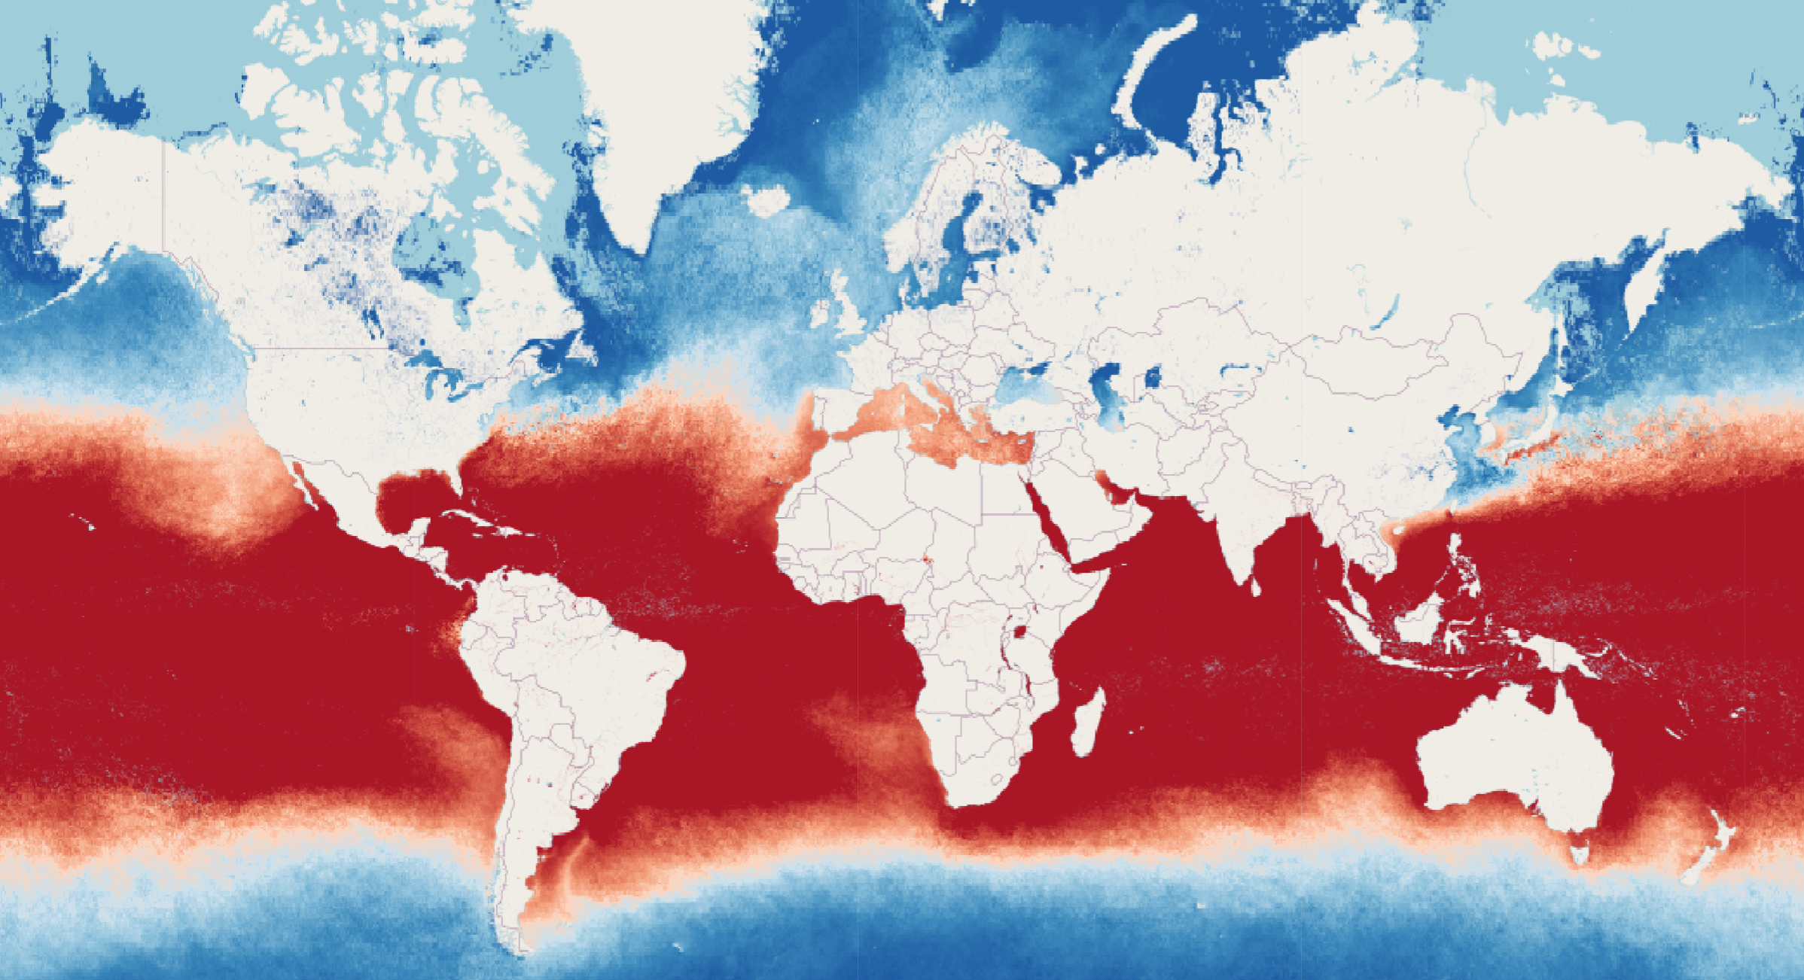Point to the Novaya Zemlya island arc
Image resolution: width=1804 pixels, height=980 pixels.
pos(1152,68)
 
